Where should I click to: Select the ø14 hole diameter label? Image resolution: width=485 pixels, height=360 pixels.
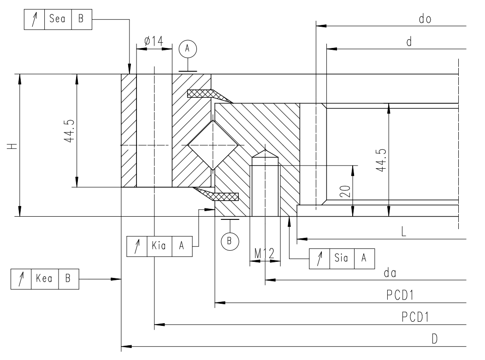(x=154, y=41)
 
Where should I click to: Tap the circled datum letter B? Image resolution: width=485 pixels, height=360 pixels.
(x=229, y=240)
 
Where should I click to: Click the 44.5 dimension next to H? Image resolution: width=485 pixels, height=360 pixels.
(x=70, y=131)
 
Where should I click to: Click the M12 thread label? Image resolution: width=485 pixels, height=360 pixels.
(x=265, y=253)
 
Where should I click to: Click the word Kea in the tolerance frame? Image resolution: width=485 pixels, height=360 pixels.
(x=45, y=279)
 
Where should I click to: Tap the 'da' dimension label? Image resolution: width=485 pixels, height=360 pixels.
(x=391, y=273)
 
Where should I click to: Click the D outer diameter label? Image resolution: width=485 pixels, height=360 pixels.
(x=434, y=339)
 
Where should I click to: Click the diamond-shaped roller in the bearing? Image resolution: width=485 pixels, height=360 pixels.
(x=213, y=145)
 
